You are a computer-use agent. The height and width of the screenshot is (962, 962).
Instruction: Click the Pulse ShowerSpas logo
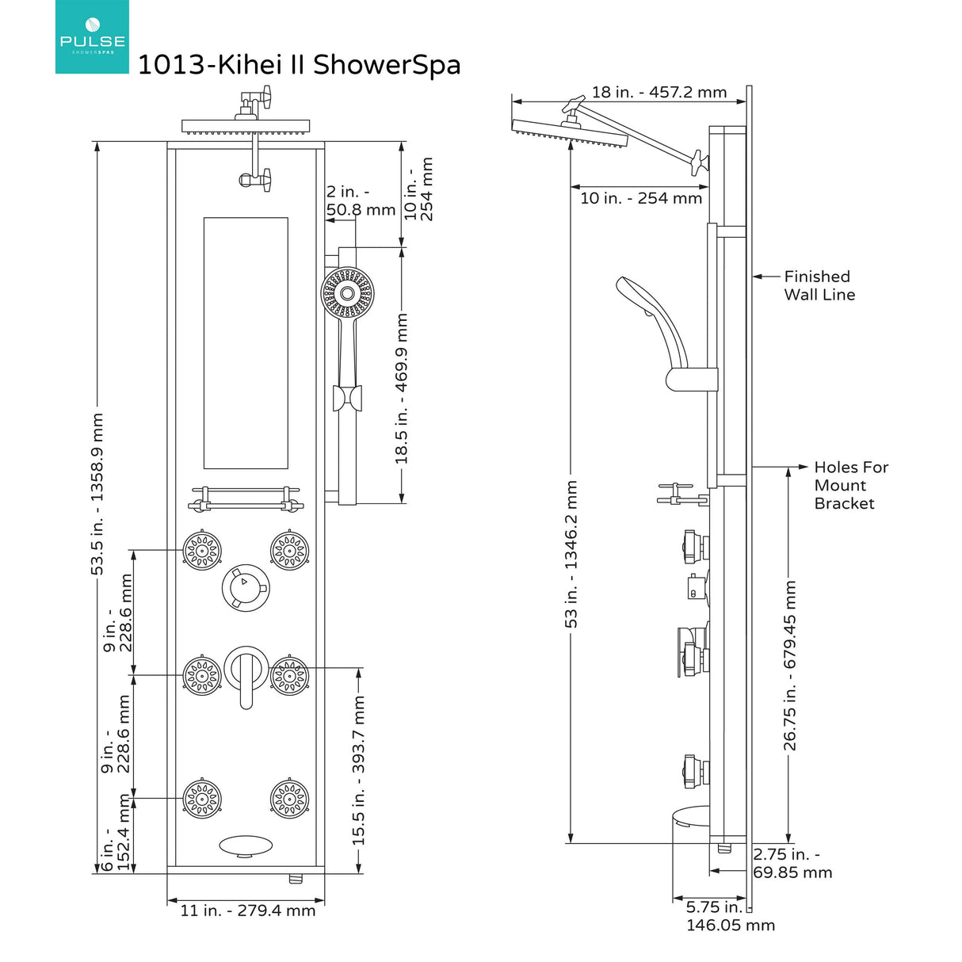click(x=92, y=37)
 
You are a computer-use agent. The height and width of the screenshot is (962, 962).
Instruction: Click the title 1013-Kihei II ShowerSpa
click(x=299, y=65)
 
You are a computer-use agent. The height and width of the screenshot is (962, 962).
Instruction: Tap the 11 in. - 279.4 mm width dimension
click(x=247, y=911)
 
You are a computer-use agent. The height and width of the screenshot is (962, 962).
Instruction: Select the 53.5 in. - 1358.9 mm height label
click(x=97, y=493)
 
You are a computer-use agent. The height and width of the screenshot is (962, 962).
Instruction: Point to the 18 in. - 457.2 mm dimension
click(x=659, y=92)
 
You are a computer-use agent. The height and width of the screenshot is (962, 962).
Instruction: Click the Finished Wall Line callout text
click(x=819, y=285)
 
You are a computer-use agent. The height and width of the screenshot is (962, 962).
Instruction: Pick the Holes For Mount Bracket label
click(x=850, y=485)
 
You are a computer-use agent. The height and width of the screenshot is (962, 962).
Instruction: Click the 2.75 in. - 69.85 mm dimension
click(x=792, y=864)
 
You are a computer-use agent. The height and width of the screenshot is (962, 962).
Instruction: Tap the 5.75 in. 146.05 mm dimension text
click(x=729, y=916)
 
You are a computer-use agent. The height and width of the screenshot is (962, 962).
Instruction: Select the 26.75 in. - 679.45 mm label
click(x=790, y=666)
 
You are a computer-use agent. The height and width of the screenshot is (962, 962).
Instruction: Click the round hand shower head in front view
click(x=346, y=293)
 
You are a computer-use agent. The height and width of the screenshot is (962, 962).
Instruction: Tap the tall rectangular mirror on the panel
click(x=246, y=343)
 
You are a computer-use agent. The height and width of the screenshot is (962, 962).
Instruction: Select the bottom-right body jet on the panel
click(x=288, y=799)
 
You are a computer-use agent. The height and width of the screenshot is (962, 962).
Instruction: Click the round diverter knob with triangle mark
click(x=245, y=587)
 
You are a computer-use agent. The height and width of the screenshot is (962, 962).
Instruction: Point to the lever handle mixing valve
click(x=246, y=671)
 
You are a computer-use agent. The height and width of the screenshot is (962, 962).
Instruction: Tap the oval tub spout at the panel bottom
click(x=245, y=846)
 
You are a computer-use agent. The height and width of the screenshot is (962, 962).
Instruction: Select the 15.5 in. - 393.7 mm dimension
click(x=359, y=769)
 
